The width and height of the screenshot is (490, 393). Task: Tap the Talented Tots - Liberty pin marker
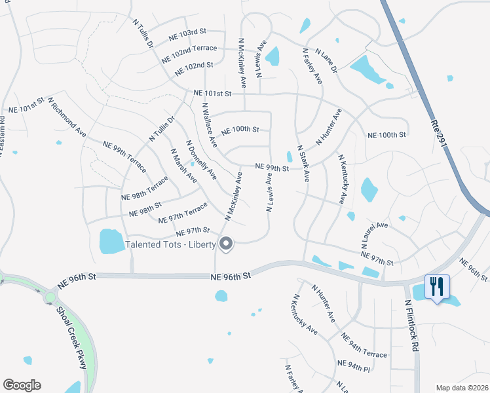coord(227,244)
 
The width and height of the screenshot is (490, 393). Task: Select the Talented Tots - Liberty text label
coord(170,246)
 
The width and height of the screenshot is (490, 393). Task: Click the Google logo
coord(22,385)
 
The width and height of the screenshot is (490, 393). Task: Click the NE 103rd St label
coord(187,31)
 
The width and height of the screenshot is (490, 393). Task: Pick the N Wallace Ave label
coord(208,124)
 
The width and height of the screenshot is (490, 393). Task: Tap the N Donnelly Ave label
coord(201,159)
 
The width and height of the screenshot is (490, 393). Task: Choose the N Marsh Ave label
coord(183,165)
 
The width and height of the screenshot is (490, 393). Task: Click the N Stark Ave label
coord(303,163)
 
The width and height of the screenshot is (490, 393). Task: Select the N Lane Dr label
coord(326,60)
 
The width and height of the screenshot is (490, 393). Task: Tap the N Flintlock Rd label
coord(411,327)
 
